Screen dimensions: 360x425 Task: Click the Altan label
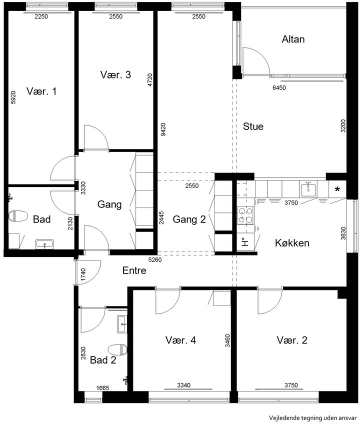point(293,39)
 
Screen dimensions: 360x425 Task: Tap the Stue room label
point(253,126)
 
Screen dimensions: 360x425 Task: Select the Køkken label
point(292,243)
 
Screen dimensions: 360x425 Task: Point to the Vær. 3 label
point(115,74)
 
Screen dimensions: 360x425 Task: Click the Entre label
point(134,270)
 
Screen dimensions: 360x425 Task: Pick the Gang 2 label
point(189,219)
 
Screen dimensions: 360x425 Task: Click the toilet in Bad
point(18,216)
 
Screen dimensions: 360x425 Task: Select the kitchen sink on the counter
point(307,189)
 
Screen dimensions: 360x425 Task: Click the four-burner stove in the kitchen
point(245,215)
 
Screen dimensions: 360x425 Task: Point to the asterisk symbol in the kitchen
point(337,189)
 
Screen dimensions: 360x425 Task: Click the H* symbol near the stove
point(245,241)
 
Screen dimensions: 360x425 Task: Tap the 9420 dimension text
point(163,129)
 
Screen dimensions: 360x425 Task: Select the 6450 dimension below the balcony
point(279,88)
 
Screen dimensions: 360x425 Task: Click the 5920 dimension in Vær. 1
point(13,97)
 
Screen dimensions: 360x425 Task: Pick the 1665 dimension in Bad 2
point(102,388)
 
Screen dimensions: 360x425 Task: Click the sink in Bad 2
point(122,324)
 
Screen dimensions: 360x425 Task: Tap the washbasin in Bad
point(44,244)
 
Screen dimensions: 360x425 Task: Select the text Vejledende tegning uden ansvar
point(312,417)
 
